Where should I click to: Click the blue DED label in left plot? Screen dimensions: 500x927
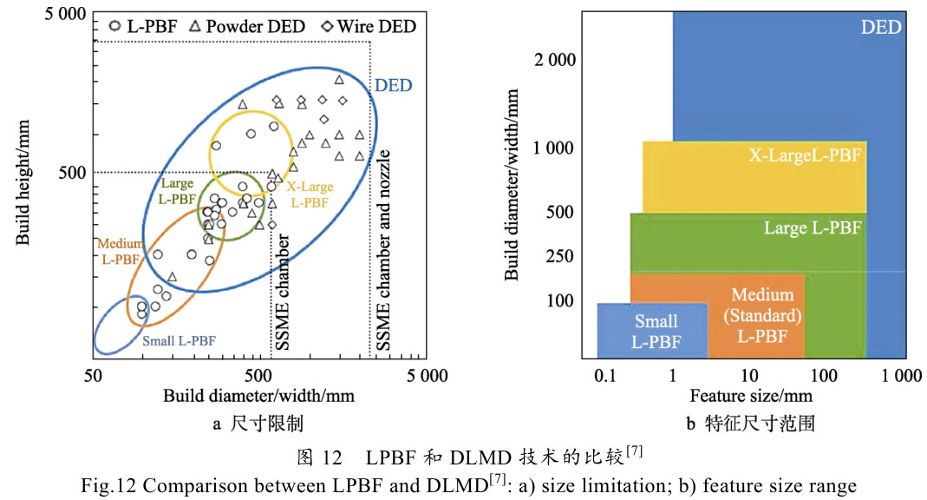point(393,86)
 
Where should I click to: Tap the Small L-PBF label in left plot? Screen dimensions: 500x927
point(179,340)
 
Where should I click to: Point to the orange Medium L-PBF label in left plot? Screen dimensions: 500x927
point(121,253)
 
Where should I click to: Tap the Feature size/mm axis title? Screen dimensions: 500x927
point(751,396)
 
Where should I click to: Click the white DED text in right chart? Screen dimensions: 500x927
point(880,27)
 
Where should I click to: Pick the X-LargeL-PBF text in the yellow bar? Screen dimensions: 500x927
point(805,155)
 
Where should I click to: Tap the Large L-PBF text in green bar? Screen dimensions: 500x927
point(813,228)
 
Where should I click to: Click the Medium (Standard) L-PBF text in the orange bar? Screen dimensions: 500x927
point(762,316)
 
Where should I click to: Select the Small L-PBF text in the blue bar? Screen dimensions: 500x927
point(656,332)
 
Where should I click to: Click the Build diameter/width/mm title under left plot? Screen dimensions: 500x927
point(259,396)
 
